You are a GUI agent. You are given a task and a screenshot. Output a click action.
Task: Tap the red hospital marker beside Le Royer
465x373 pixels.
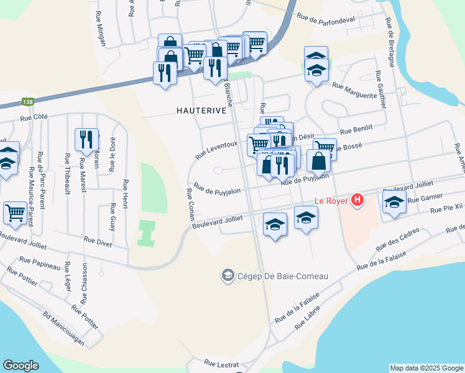(x=357, y=200)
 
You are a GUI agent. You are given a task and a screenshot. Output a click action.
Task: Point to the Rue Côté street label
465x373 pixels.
(x=34, y=117)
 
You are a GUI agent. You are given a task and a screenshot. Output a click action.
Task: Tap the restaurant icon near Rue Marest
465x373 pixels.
(x=86, y=139)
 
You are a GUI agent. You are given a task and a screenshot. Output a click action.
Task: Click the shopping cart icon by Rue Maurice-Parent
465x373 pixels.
(x=15, y=212)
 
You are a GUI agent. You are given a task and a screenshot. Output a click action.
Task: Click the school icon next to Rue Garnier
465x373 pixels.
(x=394, y=203)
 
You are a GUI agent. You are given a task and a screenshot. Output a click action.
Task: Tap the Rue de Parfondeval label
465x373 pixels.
(x=326, y=19)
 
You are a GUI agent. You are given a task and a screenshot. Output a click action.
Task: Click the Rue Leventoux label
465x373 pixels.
(x=216, y=149)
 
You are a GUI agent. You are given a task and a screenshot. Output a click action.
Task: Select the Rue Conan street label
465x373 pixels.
(x=189, y=205)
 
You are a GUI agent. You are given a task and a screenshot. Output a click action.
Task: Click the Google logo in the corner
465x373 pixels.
(x=21, y=366)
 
